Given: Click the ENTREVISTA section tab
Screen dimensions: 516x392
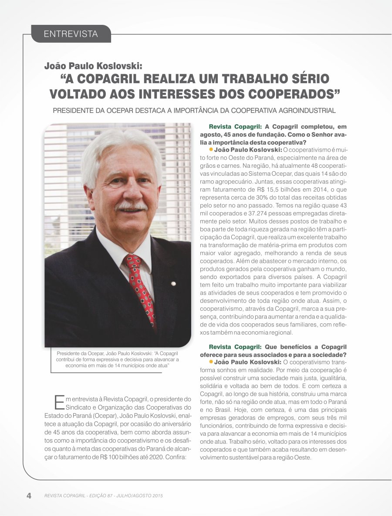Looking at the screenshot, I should point(71,34).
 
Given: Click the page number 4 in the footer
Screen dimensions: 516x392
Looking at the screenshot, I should point(29,496).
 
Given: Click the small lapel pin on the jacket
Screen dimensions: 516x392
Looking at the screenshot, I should point(173,284).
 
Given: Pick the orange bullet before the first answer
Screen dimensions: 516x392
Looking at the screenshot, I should point(211,149).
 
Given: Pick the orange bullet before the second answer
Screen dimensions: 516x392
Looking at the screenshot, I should point(211,361).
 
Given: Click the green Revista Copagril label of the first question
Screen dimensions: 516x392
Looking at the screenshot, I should point(234,127).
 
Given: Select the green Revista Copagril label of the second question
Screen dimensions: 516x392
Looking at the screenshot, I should point(234,347).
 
